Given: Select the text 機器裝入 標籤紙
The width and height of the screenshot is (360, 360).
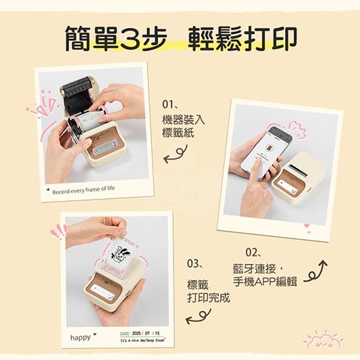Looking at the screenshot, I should click(183, 126).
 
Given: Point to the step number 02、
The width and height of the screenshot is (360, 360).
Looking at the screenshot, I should click(253, 252).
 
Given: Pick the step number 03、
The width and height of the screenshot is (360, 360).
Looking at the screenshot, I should click(197, 263).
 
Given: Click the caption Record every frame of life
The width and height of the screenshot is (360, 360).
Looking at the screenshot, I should click(84, 190).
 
